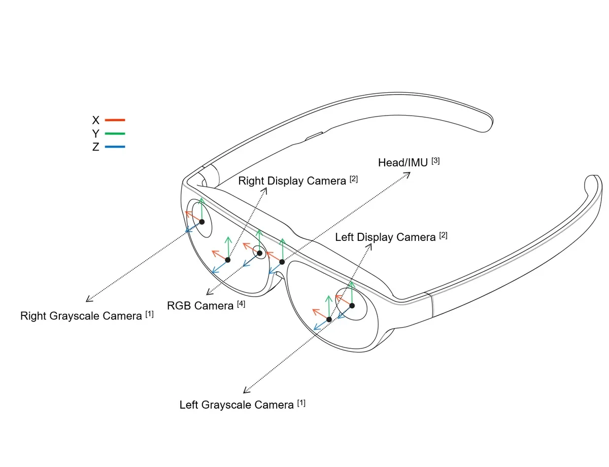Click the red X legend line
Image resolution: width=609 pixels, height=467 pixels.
tap(115, 120)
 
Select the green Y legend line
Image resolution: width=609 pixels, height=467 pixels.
tap(115, 134)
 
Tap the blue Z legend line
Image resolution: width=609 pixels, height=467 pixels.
tap(115, 147)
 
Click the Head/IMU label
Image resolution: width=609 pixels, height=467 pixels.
tap(403, 163)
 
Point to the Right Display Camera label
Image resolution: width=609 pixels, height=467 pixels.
tap(293, 181)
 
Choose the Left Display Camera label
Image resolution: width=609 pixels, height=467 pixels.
tap(386, 237)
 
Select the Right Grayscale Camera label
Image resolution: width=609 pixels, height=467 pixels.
tap(82, 316)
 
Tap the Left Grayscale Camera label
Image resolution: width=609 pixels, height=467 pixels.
tap(237, 405)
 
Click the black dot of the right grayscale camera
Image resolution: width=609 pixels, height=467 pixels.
tap(202, 222)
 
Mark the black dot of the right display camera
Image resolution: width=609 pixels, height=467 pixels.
tap(228, 260)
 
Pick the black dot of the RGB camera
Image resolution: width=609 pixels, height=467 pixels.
tap(259, 253)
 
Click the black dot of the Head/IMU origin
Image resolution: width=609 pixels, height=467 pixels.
tap(282, 262)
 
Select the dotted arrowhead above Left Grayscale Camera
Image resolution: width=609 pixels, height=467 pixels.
tap(246, 390)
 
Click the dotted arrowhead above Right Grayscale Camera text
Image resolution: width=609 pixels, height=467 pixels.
tap(89, 300)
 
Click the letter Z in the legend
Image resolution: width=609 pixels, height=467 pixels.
tap(96, 148)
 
